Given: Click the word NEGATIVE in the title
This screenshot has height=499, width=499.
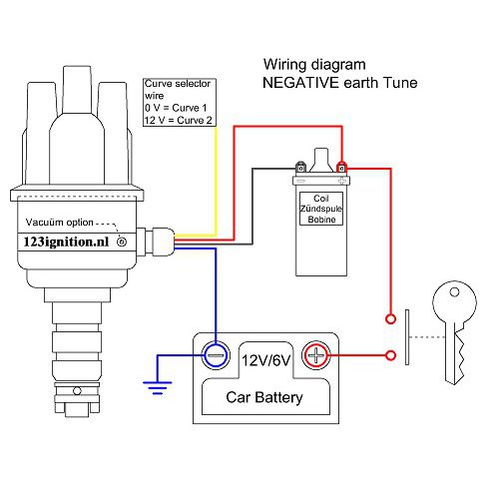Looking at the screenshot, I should [299, 83].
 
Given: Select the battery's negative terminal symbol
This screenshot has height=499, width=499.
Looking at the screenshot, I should [215, 353].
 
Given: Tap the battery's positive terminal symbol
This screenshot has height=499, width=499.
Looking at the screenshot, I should [315, 353].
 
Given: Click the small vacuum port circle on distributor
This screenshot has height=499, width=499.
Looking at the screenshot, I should [122, 242].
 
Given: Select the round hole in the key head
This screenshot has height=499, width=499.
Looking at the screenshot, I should [457, 294].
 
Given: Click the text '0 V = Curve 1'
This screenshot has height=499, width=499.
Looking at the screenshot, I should [176, 107].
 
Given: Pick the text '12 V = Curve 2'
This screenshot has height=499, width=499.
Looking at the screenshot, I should [178, 119].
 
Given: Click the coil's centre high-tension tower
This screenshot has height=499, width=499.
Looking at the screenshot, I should [322, 157].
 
